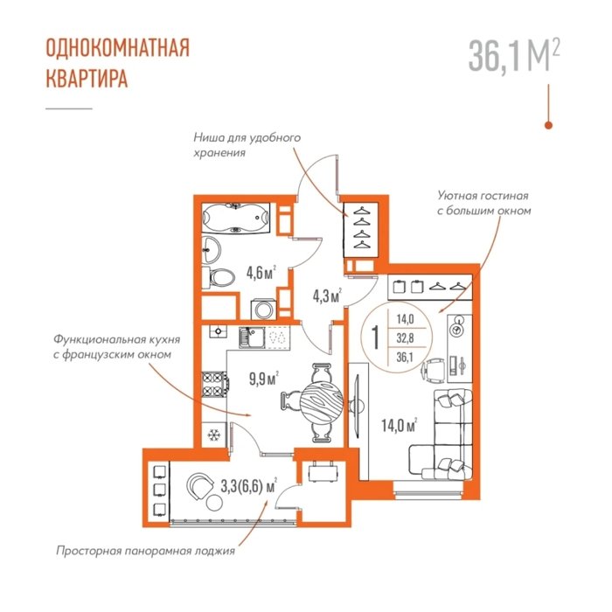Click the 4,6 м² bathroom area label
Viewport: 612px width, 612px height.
261,273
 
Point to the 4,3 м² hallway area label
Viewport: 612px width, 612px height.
327,296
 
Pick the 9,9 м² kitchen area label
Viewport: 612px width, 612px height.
264,379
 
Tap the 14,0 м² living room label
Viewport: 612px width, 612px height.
400,426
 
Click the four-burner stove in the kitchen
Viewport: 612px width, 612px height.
214,385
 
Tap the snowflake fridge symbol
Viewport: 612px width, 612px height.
213,435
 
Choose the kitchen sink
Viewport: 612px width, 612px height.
252,338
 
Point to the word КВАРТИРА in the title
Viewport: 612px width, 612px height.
87,79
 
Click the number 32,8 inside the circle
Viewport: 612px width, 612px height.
405,338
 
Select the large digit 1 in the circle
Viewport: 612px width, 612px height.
375,337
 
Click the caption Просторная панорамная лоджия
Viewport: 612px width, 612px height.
146,551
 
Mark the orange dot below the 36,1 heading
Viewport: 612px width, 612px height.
548,125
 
